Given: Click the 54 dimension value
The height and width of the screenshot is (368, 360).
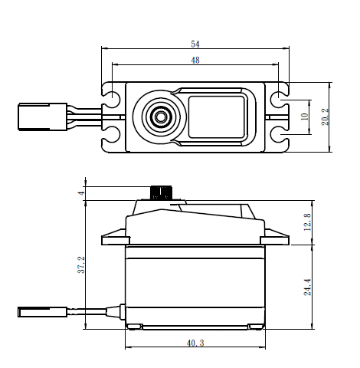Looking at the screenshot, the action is [195, 44].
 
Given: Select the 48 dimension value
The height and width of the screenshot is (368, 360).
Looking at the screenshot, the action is [195, 61].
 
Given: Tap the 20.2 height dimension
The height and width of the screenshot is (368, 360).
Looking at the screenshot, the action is [325, 117].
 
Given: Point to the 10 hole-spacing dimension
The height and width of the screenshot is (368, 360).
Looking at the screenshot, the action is [305, 117].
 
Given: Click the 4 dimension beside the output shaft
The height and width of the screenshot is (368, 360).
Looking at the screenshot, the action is [81, 193].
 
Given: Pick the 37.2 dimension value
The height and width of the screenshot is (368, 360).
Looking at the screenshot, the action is [81, 264].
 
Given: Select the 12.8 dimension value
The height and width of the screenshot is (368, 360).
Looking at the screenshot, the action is [307, 222].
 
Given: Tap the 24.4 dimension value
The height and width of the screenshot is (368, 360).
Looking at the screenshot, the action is [307, 287].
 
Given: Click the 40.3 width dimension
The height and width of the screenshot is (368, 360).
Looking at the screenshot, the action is [195, 343].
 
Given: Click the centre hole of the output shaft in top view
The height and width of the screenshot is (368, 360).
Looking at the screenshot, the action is [160, 117].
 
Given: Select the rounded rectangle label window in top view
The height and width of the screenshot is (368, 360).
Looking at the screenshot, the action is [216, 117].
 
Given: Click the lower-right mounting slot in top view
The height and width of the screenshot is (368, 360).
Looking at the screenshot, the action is [280, 134].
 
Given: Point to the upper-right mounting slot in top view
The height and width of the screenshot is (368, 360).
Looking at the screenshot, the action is [280, 97].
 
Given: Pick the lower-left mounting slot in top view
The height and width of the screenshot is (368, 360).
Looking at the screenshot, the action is [111, 134].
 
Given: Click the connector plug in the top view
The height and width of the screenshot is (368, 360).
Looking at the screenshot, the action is [42, 117].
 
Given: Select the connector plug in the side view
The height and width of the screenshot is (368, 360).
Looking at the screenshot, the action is [42, 312].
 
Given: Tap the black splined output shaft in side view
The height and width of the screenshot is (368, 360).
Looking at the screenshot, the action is [162, 193].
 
